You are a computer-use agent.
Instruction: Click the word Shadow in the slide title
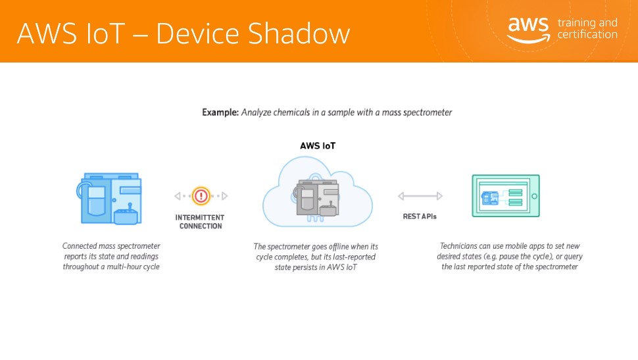click(299, 33)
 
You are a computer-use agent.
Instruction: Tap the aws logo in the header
click(529, 30)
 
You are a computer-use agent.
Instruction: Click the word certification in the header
click(587, 35)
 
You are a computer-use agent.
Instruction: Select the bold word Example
click(220, 113)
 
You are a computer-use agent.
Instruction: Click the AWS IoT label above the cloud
click(318, 146)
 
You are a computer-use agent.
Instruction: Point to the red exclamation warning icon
click(201, 196)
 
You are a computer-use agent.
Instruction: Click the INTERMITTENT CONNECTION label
click(200, 222)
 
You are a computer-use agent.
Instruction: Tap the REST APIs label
click(420, 217)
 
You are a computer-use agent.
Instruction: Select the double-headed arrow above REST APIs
click(420, 196)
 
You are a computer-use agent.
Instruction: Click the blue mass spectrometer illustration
click(109, 198)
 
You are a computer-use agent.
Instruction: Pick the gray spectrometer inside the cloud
click(317, 198)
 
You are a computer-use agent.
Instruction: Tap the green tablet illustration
click(506, 196)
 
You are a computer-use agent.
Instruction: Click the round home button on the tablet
click(534, 196)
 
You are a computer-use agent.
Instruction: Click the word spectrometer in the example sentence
click(428, 113)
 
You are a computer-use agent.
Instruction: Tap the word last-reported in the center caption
click(354, 257)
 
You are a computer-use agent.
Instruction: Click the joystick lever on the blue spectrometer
click(130, 207)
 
